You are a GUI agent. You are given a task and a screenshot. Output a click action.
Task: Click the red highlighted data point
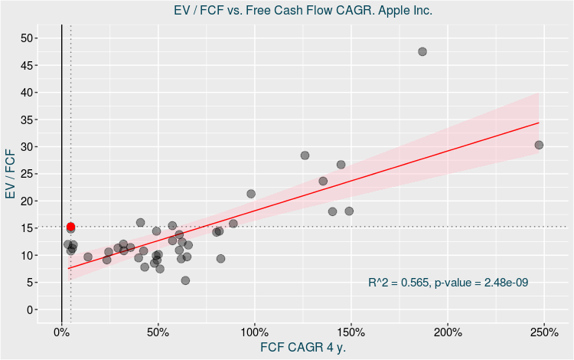(x=70, y=227)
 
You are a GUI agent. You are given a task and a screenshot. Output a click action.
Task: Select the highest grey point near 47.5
(x=422, y=51)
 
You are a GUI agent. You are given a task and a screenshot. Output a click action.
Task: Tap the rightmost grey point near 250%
(x=539, y=145)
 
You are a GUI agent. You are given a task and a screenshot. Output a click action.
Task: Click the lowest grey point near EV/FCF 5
(x=185, y=280)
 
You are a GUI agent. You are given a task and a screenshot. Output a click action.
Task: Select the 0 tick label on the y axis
(x=30, y=309)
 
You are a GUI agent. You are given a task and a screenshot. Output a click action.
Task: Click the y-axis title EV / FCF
(x=11, y=174)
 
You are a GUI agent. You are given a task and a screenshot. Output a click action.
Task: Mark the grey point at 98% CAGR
(x=251, y=194)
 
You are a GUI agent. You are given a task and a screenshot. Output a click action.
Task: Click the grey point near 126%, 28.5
(x=305, y=155)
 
